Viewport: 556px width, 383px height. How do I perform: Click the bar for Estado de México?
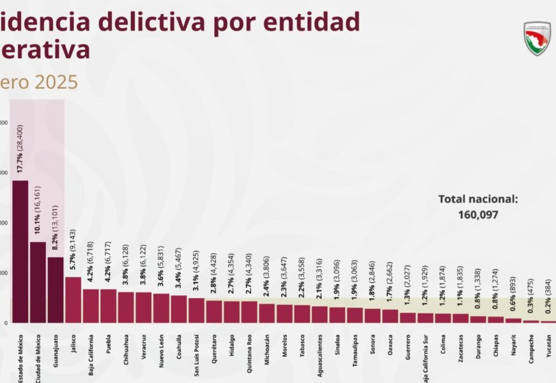tap(20, 252)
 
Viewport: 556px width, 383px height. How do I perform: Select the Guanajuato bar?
tap(56, 290)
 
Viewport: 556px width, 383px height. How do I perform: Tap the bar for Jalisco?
tap(73, 299)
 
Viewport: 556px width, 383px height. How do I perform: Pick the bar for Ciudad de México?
tap(38, 282)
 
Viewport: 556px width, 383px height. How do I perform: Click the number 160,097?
tap(478, 215)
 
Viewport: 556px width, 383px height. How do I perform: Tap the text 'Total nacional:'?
tap(478, 199)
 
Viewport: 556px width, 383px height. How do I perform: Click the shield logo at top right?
tap(537, 38)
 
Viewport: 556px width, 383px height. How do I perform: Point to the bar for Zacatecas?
tap(460, 318)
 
